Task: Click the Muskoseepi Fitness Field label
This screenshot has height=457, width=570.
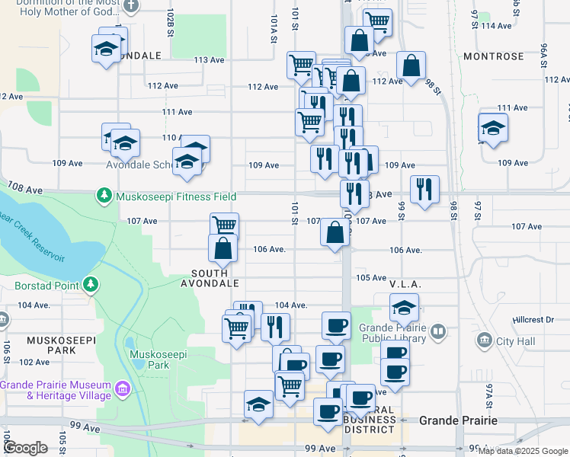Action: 175,197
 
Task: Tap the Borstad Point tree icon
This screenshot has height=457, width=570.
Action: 91,285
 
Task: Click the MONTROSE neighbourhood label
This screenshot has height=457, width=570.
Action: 492,57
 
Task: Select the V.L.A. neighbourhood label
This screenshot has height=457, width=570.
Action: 405,283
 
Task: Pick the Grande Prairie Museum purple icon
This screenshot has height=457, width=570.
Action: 122,391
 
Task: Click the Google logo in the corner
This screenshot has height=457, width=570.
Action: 25,448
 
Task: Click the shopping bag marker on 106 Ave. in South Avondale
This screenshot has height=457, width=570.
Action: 222,248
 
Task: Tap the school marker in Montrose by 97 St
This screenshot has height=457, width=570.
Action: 493,128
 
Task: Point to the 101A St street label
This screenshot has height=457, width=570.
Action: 273,30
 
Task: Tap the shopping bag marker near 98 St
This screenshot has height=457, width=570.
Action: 411,66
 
